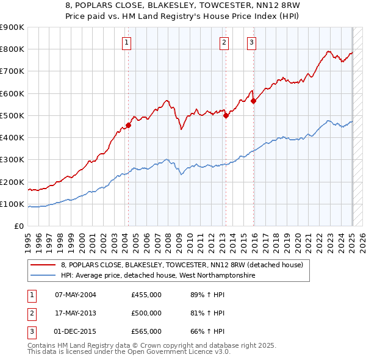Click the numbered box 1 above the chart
126,42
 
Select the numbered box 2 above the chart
224,42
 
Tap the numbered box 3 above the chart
251,42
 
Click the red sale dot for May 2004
129,126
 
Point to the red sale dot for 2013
226,115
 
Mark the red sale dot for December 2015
254,101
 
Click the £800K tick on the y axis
12,49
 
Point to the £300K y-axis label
12,160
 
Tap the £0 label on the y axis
18,226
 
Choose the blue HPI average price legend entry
157,275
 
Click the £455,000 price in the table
146,295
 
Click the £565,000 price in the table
146,331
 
